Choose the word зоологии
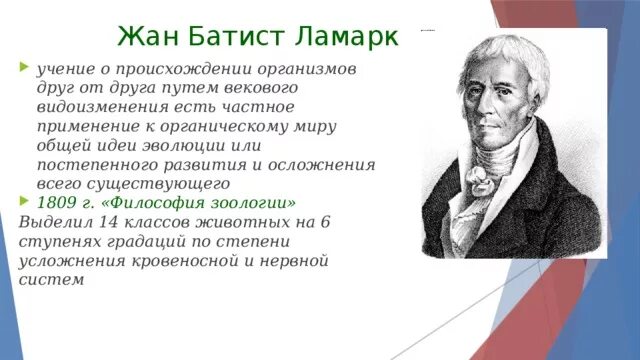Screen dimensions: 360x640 tap(250, 203)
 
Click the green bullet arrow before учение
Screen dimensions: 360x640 tap(24, 70)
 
